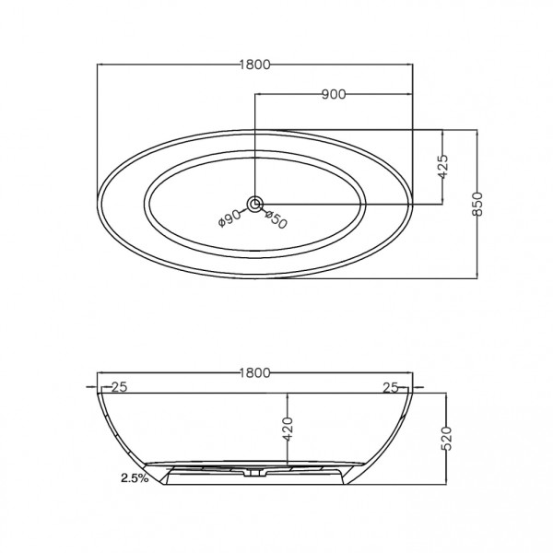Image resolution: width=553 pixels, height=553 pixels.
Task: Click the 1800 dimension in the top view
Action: pyautogui.click(x=256, y=65)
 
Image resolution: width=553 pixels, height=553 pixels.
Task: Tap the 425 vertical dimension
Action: pyautogui.click(x=442, y=166)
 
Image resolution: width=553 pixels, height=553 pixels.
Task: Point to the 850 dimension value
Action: pyautogui.click(x=477, y=203)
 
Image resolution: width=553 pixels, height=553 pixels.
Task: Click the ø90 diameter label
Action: pyautogui.click(x=230, y=217)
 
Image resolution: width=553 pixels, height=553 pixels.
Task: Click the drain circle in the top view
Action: pyautogui.click(x=253, y=203)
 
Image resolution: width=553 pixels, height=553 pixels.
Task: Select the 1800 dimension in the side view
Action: pyautogui.click(x=255, y=373)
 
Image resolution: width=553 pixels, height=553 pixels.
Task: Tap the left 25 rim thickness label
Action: pyautogui.click(x=118, y=387)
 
